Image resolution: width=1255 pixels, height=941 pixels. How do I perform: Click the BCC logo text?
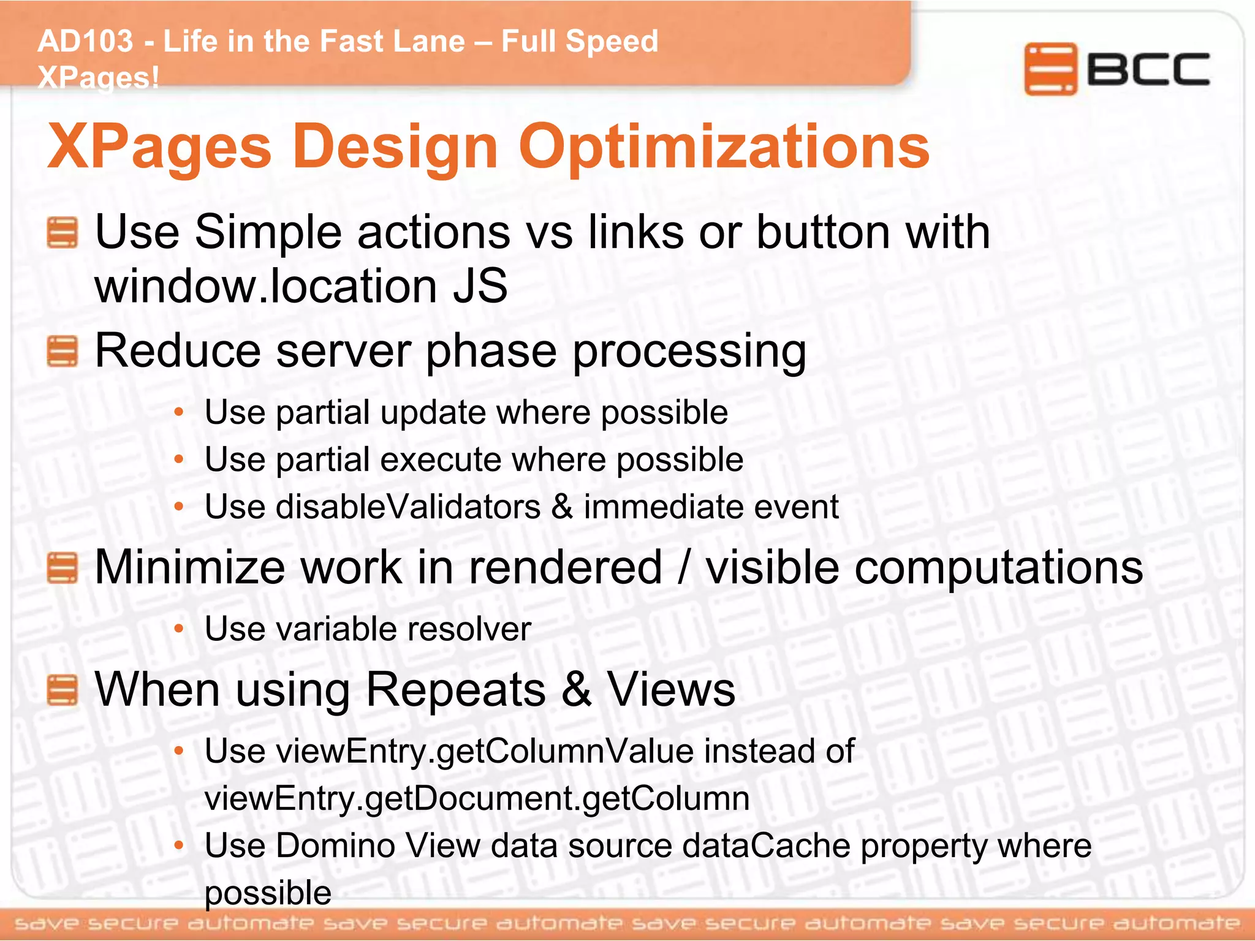[x=1148, y=69]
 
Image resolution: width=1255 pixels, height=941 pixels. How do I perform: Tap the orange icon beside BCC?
[x=1050, y=69]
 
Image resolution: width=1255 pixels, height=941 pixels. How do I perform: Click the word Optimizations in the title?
[x=724, y=146]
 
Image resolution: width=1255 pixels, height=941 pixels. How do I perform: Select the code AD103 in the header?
[x=85, y=42]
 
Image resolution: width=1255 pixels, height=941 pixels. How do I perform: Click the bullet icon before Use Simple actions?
[x=63, y=233]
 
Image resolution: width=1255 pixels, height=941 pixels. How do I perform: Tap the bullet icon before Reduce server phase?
[x=63, y=352]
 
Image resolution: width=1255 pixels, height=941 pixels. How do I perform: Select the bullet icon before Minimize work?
[x=63, y=568]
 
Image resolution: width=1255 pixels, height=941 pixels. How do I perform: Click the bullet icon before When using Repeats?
[x=63, y=690]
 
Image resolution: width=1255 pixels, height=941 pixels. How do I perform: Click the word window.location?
[x=265, y=286]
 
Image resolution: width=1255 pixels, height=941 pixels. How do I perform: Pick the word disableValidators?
[x=408, y=507]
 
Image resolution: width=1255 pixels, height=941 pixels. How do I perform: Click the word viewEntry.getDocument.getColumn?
[x=477, y=799]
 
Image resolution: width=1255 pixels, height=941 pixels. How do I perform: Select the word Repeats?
[x=455, y=690]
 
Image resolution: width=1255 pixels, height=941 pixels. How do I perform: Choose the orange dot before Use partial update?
[x=179, y=412]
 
